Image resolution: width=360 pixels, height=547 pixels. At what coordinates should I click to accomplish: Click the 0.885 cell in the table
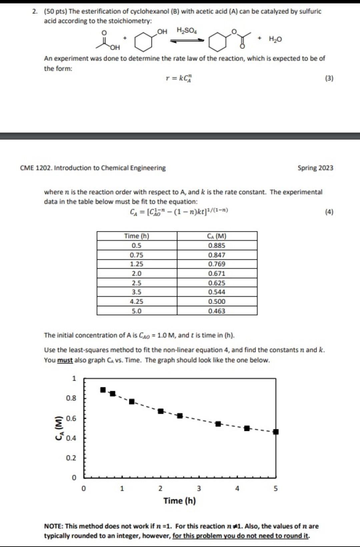[x=217, y=245]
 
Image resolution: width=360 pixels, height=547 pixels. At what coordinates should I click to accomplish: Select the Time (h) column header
[x=137, y=236]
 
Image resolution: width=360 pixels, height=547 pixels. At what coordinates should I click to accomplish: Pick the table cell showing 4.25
[x=137, y=302]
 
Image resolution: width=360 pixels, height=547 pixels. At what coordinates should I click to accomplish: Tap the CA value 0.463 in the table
[x=217, y=311]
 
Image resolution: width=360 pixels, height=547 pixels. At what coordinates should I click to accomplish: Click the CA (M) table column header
[x=217, y=236]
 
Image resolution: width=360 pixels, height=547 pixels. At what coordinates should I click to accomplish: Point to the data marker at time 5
[x=276, y=432]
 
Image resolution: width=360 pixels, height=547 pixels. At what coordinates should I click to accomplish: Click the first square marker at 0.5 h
[x=103, y=390]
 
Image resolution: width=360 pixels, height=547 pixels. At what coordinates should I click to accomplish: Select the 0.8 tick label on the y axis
[x=71, y=398]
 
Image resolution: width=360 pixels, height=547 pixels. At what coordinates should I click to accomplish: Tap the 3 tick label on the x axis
[x=199, y=489]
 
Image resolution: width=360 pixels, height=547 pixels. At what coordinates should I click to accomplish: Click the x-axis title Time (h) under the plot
[x=179, y=501]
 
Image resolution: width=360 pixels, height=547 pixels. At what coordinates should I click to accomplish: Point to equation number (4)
[x=329, y=212]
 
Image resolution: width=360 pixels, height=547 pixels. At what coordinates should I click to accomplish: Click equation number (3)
[x=329, y=78]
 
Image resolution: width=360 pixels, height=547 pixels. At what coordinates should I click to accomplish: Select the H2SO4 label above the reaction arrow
[x=187, y=31]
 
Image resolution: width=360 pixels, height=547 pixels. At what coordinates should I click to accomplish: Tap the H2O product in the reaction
[x=275, y=39]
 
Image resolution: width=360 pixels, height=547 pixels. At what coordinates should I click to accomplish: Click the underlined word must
[x=65, y=360]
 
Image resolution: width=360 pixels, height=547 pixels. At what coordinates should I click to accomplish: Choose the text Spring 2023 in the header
[x=315, y=168]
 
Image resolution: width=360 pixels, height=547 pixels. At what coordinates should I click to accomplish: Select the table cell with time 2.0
[x=137, y=273]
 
